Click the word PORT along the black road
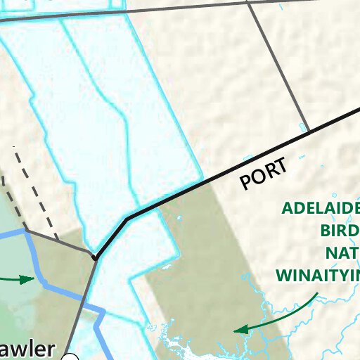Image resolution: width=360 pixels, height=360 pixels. (264, 174)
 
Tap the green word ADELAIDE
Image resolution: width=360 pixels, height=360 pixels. (321, 209)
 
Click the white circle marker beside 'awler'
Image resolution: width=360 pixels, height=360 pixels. (70, 357)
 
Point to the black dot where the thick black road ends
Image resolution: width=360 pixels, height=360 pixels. (94, 258)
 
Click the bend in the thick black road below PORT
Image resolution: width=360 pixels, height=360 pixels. (127, 219)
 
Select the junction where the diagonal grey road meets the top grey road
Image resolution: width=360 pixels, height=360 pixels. (247, 2)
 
